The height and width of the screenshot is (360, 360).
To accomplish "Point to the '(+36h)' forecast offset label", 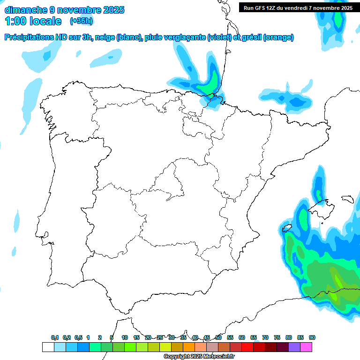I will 81,21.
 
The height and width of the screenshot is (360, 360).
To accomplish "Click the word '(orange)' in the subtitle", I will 278,37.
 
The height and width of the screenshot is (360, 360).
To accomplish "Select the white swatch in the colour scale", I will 48,347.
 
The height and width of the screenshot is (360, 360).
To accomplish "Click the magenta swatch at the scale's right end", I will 306,347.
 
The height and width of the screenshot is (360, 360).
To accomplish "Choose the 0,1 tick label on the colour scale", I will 55,337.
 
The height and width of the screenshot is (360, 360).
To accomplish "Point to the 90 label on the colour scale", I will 312,337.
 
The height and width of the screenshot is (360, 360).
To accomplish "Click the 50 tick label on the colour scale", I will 218,337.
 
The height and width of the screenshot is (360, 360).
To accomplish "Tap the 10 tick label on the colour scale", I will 125,337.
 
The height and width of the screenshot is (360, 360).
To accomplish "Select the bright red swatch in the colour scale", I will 247,347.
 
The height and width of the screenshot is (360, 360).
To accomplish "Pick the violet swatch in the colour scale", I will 294,347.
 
